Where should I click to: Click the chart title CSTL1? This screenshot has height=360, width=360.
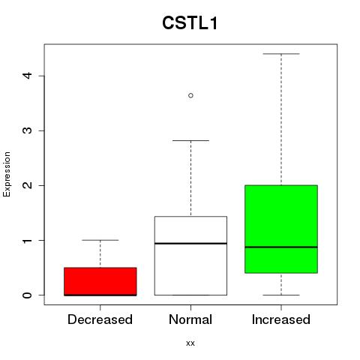190,23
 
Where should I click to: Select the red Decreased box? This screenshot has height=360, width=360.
100,281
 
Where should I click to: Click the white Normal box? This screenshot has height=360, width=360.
190,256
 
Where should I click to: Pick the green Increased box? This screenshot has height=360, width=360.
281,229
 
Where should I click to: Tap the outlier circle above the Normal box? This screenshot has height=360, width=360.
190,95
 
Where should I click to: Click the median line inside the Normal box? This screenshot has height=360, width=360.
190,243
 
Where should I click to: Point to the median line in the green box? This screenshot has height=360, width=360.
281,247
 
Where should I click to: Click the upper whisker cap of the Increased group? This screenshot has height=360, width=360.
281,54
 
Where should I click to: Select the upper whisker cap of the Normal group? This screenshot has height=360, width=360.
190,140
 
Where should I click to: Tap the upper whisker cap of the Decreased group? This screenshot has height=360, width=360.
100,240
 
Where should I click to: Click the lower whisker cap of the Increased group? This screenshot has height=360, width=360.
281,295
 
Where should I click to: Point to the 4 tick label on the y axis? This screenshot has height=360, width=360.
28,76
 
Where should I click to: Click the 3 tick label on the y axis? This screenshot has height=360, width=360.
28,130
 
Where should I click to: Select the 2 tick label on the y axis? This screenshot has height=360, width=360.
28,185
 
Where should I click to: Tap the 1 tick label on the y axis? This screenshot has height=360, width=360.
28,240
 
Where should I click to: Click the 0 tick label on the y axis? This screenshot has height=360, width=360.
28,295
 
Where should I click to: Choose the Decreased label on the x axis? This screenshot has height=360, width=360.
100,319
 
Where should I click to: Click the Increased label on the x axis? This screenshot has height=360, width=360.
281,319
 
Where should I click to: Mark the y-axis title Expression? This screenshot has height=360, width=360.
7,174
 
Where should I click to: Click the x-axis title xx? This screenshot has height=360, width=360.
190,343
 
